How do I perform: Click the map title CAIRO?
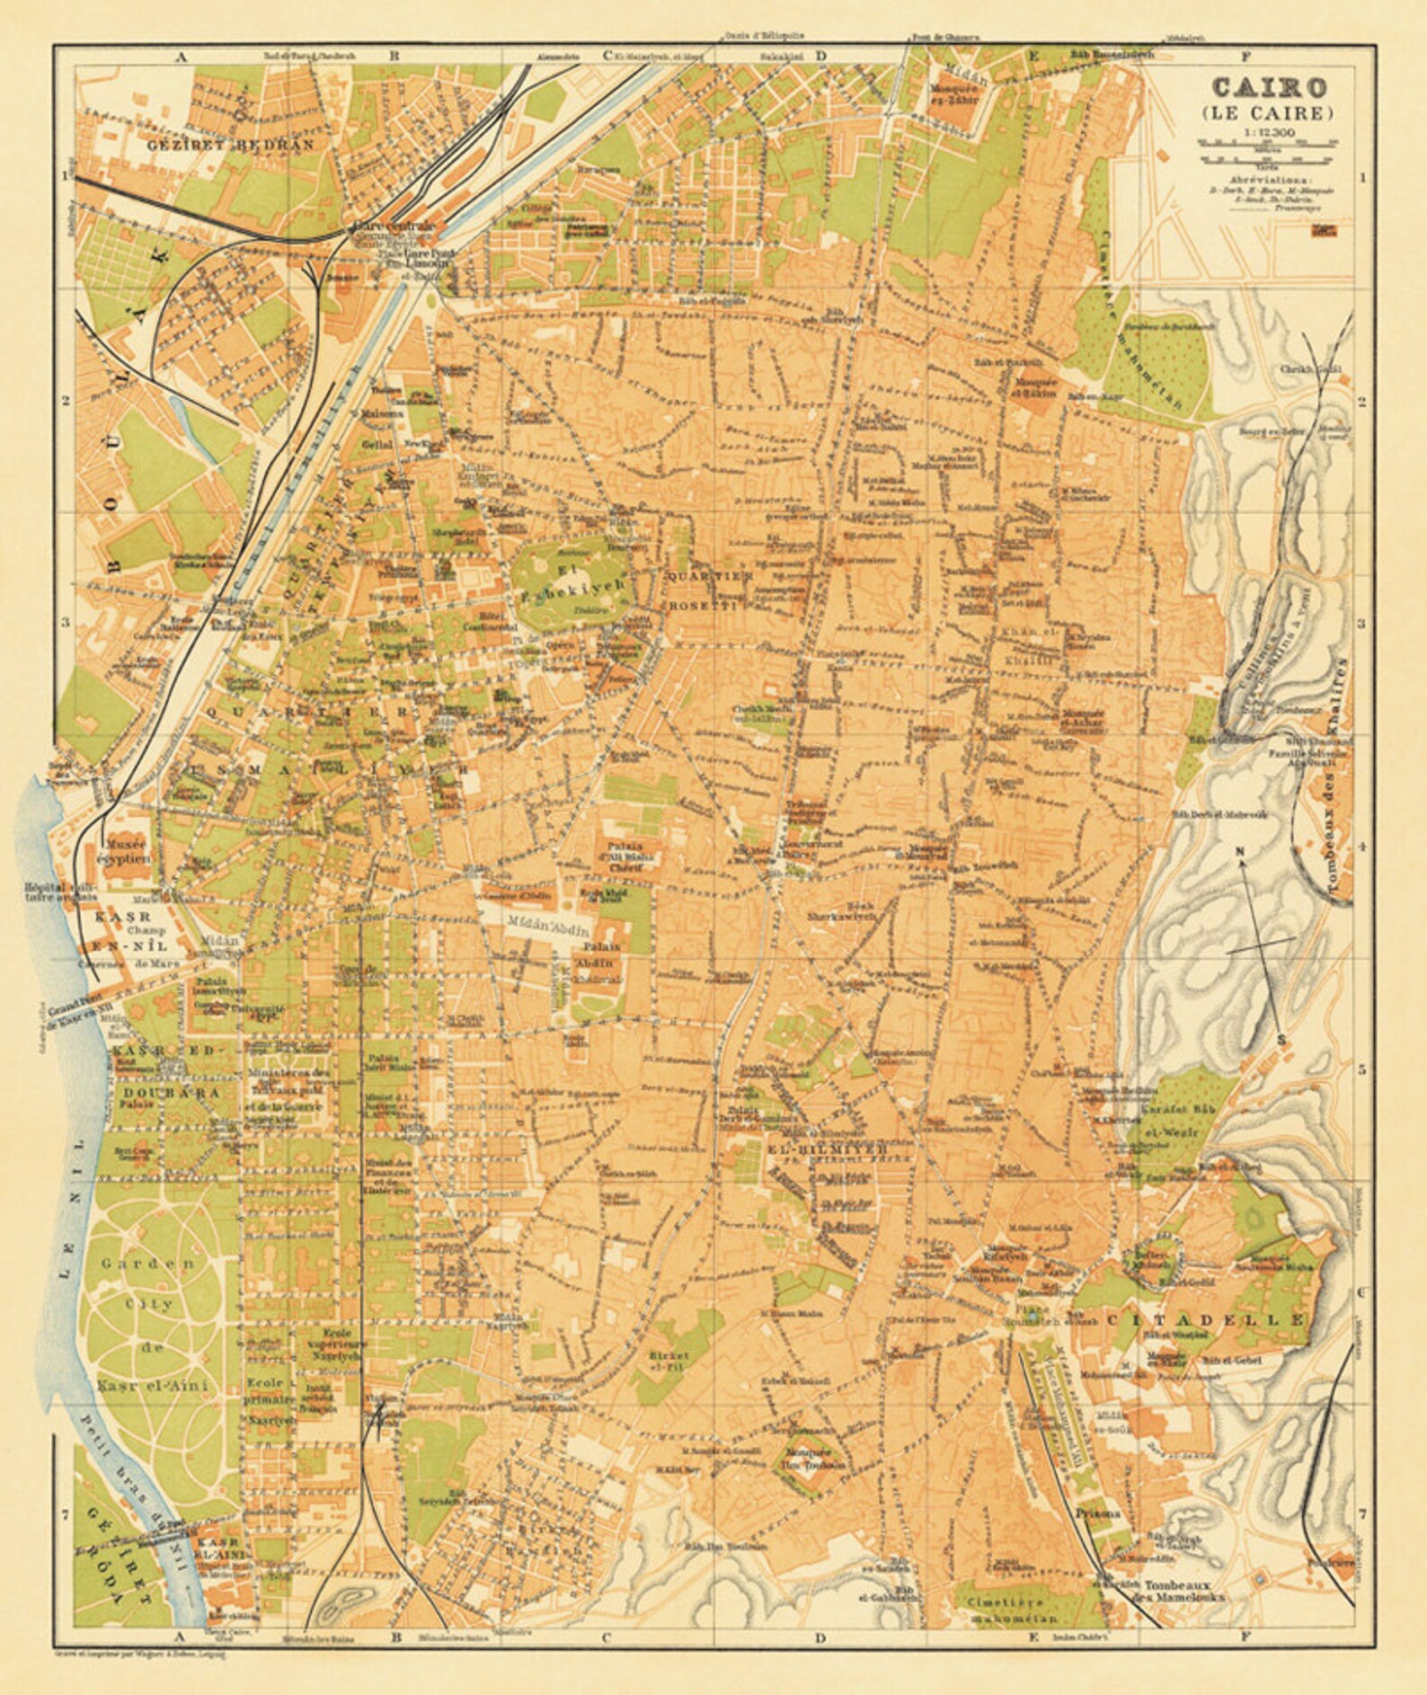tap(1268, 87)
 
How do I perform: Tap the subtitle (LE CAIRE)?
tap(1268, 113)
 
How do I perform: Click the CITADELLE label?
tap(1204, 1319)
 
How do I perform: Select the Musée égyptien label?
tap(127, 851)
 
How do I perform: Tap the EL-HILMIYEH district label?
tap(828, 1149)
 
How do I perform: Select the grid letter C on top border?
tap(607, 56)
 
